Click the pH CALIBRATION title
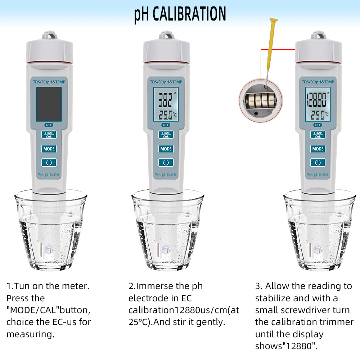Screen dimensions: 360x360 coord(180,14)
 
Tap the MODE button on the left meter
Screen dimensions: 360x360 coord(49,149)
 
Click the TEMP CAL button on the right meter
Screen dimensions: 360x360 coord(318,135)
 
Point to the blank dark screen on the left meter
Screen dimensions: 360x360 coord(49,104)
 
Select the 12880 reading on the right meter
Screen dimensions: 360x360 coord(316,100)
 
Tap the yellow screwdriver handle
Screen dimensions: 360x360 coord(271,44)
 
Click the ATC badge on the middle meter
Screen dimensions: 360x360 coord(166,125)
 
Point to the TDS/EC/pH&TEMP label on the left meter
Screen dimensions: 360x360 coord(49,82)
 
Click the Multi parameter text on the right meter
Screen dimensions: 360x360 coord(317,174)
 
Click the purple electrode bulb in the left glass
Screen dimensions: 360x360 coord(49,250)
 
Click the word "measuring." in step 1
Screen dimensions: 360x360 coord(31,334)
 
